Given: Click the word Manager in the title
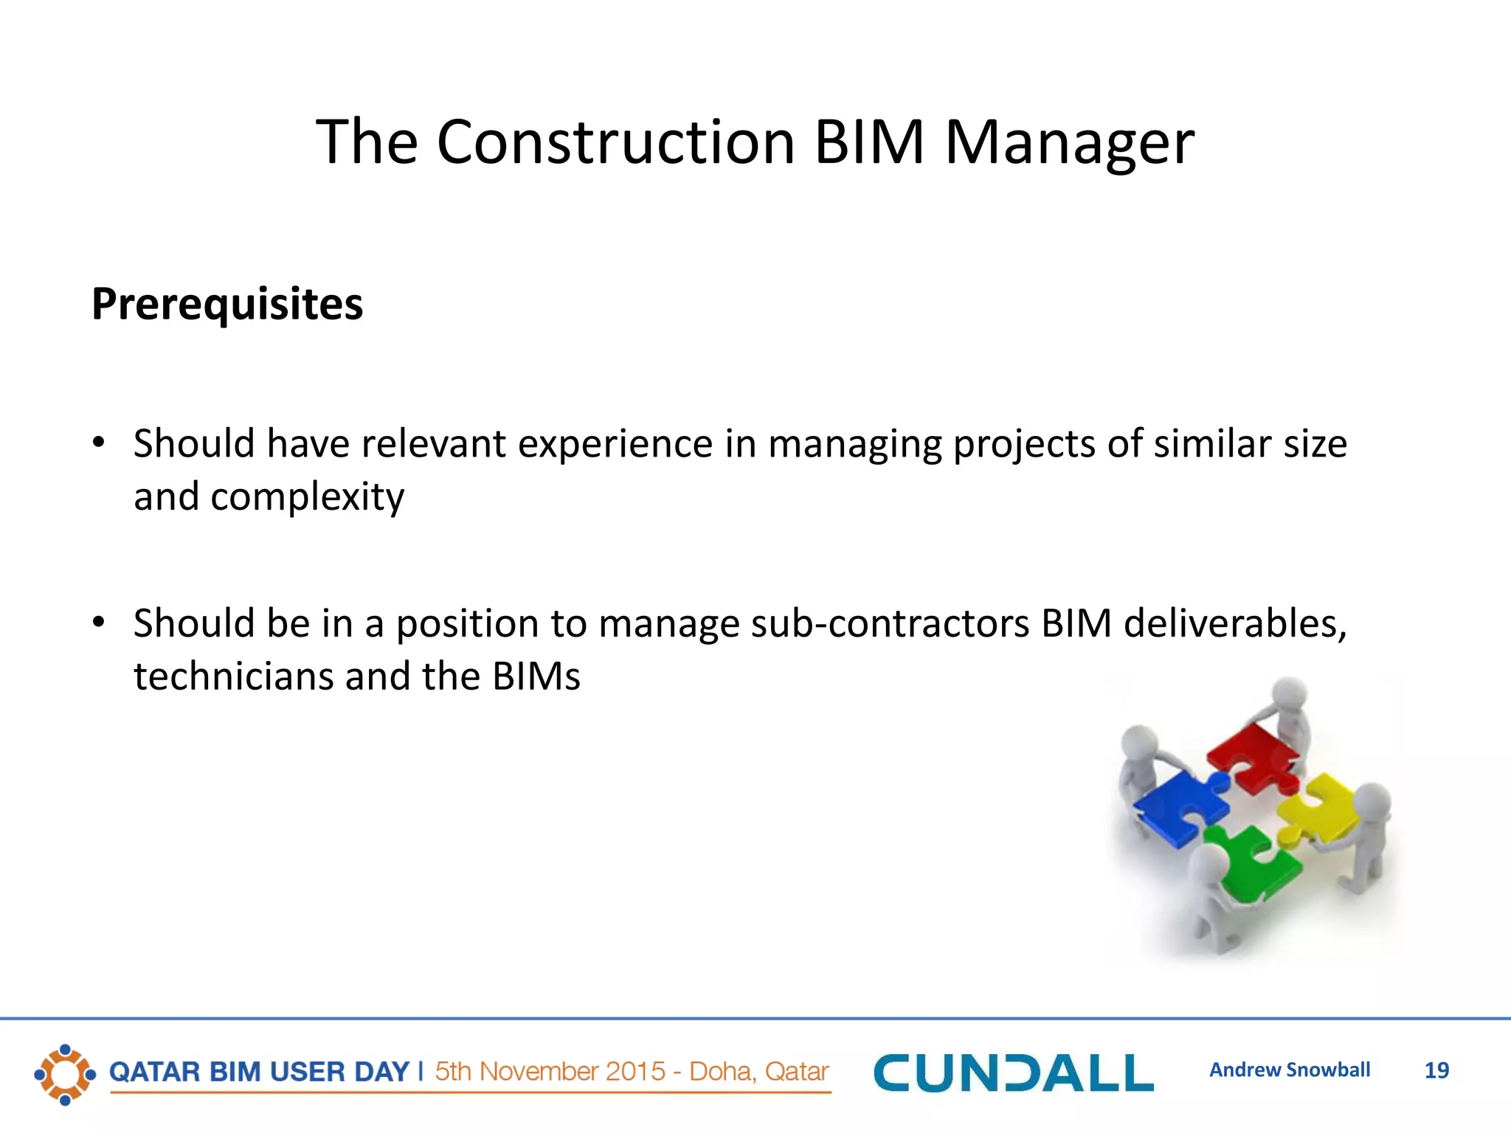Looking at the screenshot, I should point(1069,142).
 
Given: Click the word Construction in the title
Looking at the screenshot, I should point(616,142).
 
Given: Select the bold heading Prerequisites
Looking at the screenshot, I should point(227,304).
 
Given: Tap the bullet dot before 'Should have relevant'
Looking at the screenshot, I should point(99,443).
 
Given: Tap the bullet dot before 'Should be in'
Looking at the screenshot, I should point(99,623).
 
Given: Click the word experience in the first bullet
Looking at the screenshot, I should point(615,444).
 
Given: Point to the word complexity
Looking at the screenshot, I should point(307,497).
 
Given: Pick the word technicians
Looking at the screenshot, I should point(234,676).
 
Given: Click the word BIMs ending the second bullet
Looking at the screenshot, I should point(536,676).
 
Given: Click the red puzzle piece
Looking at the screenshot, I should point(1254,756).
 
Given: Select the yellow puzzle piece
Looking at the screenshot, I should point(1321,808).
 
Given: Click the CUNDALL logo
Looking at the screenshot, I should point(1013,1073).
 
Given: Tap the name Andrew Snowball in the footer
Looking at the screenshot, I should point(1289,1070).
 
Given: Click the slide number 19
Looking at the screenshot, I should point(1436,1070).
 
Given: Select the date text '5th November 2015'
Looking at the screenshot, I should point(550,1071).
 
